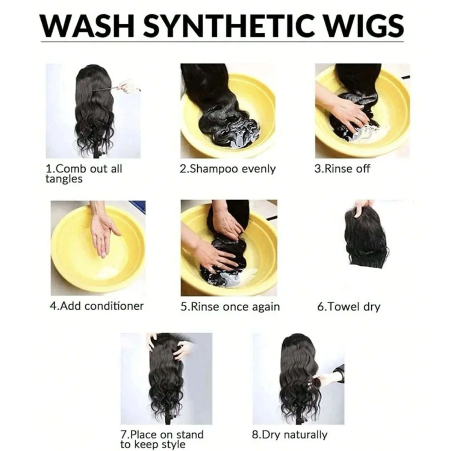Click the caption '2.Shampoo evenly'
coord(227,169)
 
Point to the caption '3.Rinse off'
coord(342,169)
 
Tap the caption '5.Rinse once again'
coord(230,307)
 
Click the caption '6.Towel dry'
coord(349,307)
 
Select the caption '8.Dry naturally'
coord(289,435)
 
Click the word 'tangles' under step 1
coord(64,179)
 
